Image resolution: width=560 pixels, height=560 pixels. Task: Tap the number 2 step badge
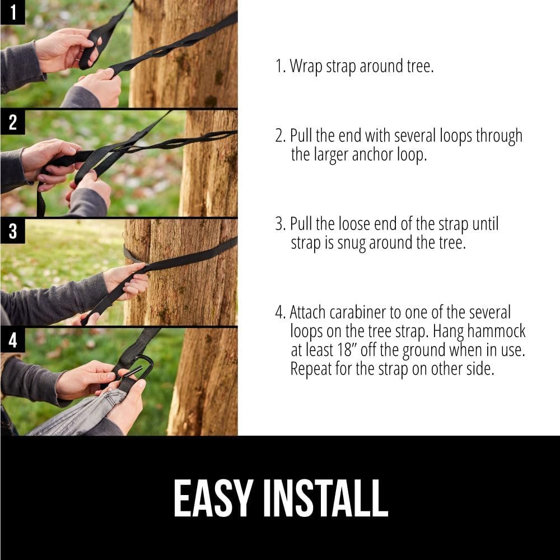[12, 123]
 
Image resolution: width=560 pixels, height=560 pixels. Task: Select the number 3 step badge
[12, 231]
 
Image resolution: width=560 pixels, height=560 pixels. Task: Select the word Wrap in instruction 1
[307, 67]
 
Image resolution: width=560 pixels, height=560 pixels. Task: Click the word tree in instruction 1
[420, 67]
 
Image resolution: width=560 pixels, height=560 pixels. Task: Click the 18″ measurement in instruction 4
[356, 350]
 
